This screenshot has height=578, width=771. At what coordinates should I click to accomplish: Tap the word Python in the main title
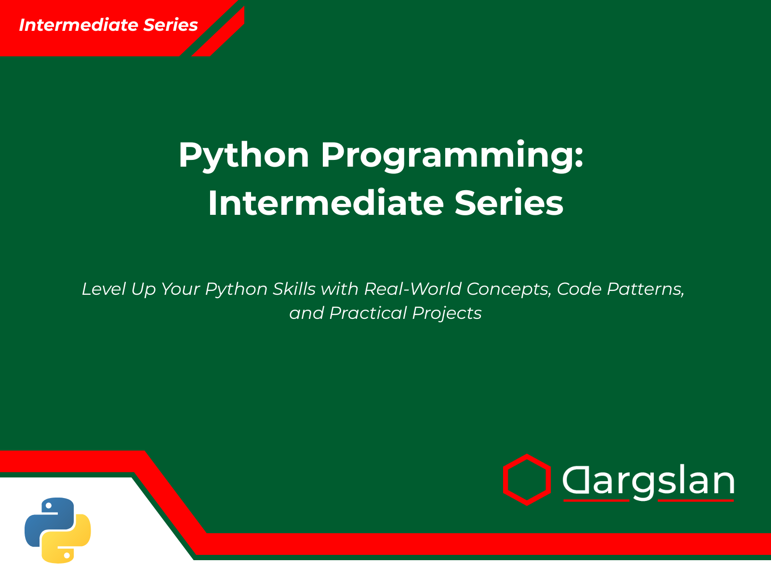[x=243, y=156]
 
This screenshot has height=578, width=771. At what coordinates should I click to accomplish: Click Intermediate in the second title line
[x=325, y=203]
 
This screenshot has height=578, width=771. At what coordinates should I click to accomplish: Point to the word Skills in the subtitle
[x=294, y=289]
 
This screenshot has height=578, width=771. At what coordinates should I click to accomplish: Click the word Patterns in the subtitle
[x=645, y=289]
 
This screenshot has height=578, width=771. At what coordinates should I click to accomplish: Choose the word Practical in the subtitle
[x=368, y=313]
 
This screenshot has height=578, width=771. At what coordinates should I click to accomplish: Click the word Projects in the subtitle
[x=447, y=314]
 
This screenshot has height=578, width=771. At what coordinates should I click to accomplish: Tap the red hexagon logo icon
[x=527, y=480]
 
